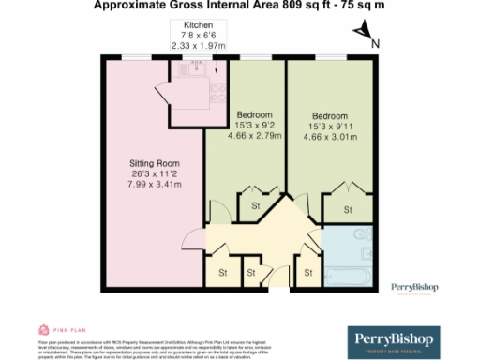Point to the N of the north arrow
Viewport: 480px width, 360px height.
[x=374, y=42]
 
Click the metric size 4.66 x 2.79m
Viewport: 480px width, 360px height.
[x=248, y=137]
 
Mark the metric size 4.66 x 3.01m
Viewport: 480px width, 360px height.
[x=330, y=137]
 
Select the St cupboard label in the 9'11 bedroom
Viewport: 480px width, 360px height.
[x=347, y=209]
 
